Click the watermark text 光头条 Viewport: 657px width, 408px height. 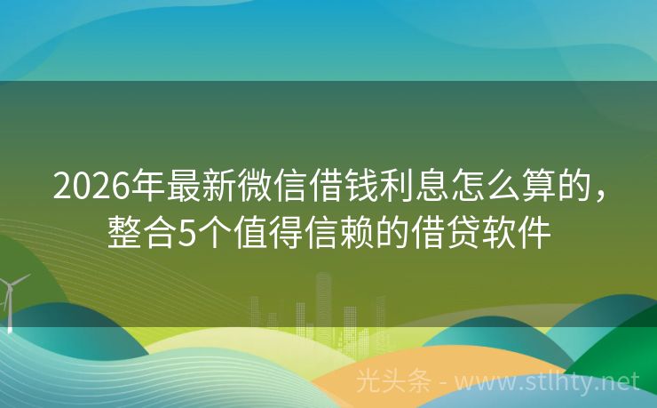[393, 382]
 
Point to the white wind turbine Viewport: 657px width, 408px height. [12, 298]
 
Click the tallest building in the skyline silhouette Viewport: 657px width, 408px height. [323, 302]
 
